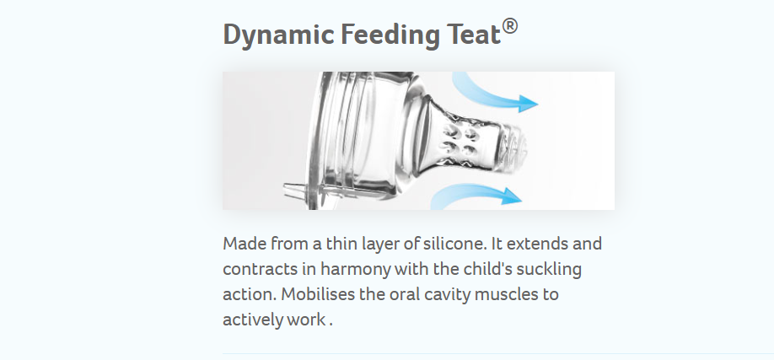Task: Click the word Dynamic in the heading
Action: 278,35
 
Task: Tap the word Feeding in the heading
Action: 390,35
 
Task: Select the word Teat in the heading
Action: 474,35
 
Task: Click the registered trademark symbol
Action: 510,26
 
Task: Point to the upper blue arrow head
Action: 526,103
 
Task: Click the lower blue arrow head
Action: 512,196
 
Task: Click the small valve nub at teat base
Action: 293,189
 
